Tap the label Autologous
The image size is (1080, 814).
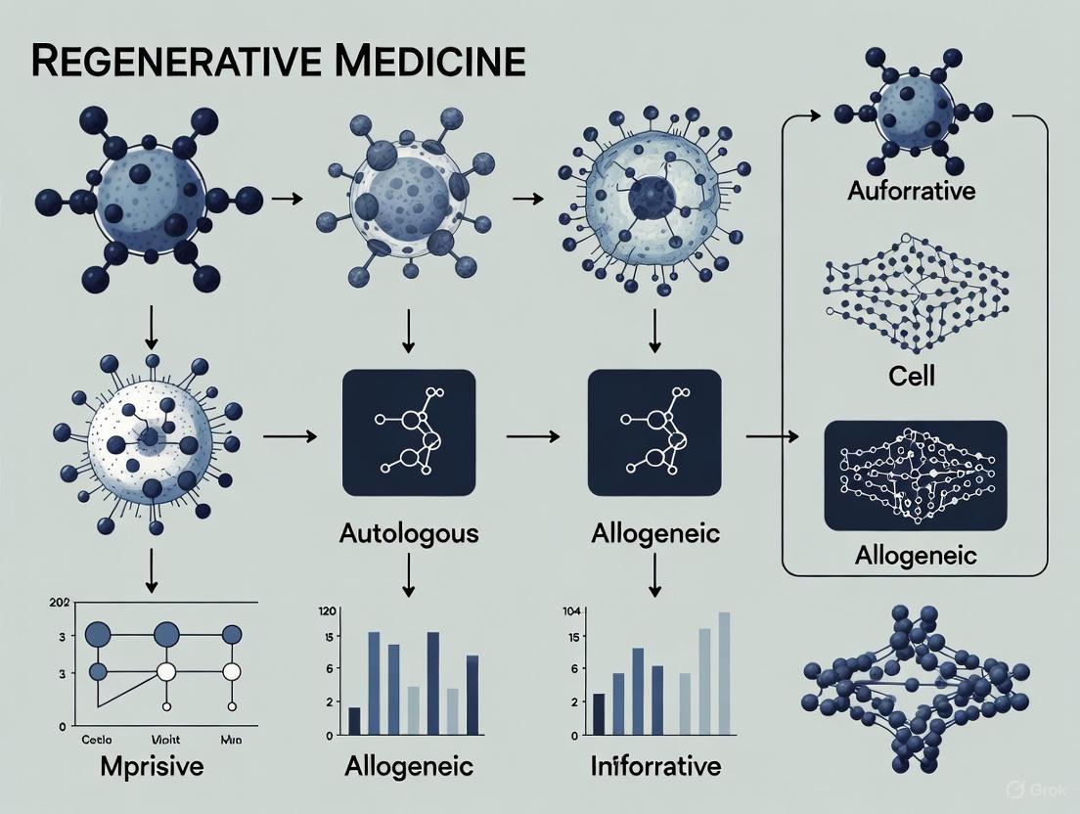(x=409, y=534)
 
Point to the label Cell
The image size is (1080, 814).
(x=911, y=376)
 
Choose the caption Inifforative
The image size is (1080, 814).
(x=655, y=765)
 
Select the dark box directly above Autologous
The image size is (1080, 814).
(x=409, y=432)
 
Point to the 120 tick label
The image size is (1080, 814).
(x=328, y=611)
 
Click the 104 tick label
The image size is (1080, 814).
(x=571, y=611)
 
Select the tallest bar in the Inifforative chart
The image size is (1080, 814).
(x=725, y=673)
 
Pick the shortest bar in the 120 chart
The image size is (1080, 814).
(x=354, y=720)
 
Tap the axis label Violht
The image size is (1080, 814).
(x=167, y=740)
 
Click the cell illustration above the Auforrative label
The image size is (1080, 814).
(x=911, y=108)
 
